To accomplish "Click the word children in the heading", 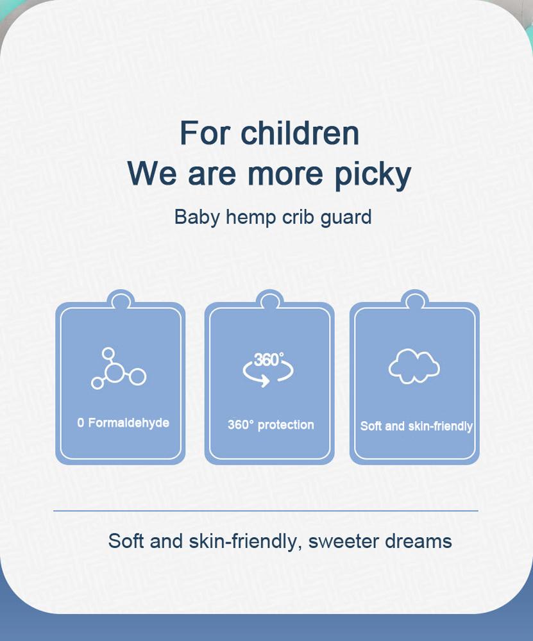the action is pos(300,133).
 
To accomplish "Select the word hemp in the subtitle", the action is pos(250,217).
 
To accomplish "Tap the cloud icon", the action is pos(414,367).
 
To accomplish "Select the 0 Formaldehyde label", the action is pos(123,422).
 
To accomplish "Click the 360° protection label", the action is pos(271,425).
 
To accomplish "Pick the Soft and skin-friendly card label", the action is pos(416,426).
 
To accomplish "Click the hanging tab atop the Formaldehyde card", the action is pos(121,299).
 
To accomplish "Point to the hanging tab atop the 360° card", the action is pos(269,299).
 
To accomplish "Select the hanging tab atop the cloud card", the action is pos(415,299).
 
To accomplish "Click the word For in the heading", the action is pos(205,133).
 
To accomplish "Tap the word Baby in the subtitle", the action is pos(197,217).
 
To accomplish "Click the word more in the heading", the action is pos(285,174).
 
